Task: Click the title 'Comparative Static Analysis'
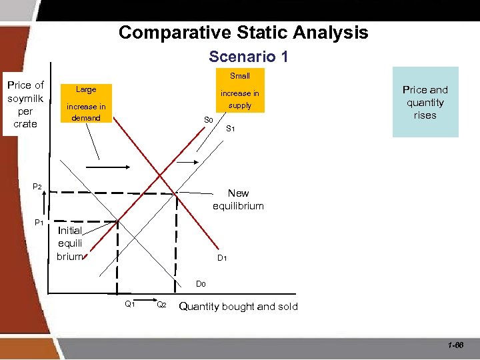coord(243,32)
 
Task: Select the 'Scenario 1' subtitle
coord(248,57)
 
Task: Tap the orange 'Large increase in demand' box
coord(86,104)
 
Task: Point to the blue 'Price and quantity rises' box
coord(425,102)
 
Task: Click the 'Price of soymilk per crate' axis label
coord(25,104)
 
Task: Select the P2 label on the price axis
coord(39,187)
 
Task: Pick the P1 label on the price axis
coord(39,222)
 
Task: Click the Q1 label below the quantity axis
coord(130,304)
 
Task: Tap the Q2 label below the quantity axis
coord(161,305)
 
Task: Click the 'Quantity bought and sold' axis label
coord(239,307)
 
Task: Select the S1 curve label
coord(230,128)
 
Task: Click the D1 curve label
coord(223,258)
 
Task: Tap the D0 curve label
coord(201,284)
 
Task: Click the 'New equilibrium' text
coord(238,199)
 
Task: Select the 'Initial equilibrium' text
coord(69,243)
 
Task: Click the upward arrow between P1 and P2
coord(45,203)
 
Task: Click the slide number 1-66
coord(456,345)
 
